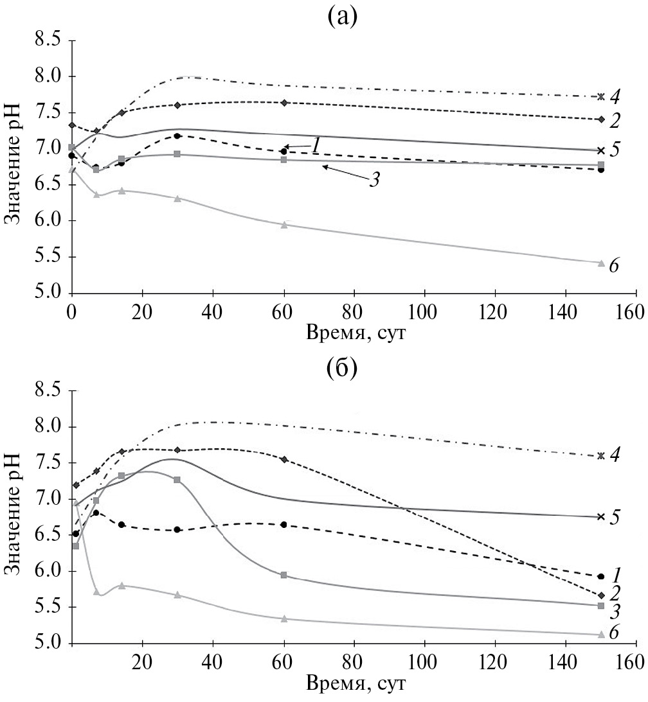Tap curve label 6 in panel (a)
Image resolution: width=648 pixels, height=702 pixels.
coord(614,266)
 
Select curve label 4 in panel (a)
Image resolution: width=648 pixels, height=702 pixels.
coord(615,97)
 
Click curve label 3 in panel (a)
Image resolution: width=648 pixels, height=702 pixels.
coord(373,179)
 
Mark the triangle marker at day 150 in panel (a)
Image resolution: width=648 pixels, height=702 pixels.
coord(600,263)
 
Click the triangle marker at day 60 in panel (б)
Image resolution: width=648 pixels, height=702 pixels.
coord(283,619)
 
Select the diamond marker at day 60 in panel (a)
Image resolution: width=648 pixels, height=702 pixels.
coord(283,103)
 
